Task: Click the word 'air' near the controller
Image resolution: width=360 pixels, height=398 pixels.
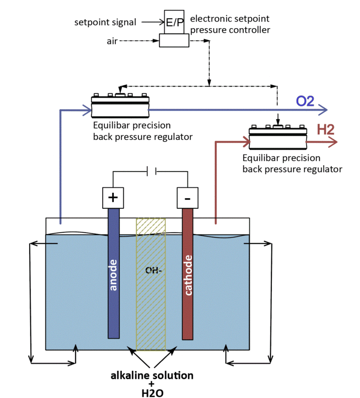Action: [112, 41]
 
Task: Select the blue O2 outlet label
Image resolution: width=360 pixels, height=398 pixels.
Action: [305, 101]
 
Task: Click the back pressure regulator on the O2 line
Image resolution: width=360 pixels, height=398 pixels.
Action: [120, 106]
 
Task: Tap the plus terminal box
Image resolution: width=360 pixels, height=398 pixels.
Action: [112, 198]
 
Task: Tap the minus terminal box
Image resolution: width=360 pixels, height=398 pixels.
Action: [187, 198]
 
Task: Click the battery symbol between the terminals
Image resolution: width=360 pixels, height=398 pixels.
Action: [151, 172]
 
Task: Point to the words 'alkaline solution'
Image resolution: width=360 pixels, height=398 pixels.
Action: [151, 376]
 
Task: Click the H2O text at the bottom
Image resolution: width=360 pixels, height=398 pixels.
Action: [151, 392]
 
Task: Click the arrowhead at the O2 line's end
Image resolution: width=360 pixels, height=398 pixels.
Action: [323, 111]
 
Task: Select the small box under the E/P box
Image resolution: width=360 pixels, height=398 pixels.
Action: [173, 41]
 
